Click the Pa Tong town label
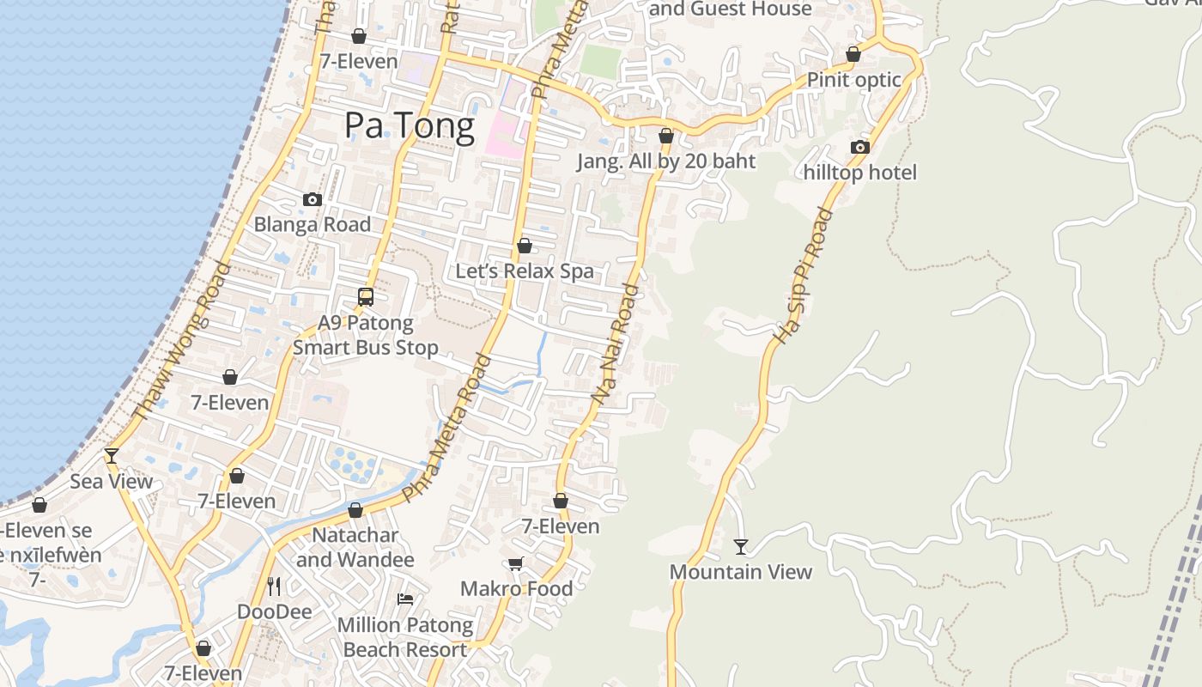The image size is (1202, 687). click(410, 126)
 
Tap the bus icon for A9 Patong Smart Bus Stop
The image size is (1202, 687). click(366, 297)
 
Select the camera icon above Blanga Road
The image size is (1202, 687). click(313, 199)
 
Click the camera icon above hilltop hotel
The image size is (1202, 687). click(860, 147)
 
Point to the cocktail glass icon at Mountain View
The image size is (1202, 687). click(741, 546)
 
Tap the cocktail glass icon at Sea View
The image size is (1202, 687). click(112, 455)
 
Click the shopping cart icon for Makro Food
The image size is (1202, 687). click(515, 563)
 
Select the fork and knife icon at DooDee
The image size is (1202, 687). click(274, 586)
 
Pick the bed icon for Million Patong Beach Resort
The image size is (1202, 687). click(405, 599)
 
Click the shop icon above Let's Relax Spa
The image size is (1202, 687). click(525, 246)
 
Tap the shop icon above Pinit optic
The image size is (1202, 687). click(853, 54)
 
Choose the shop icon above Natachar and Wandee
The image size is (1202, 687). click(355, 510)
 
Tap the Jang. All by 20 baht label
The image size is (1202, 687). click(666, 161)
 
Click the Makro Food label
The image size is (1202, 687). click(517, 589)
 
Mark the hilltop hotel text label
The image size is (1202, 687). click(860, 173)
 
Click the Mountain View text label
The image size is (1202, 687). click(741, 572)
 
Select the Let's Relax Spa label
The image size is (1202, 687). click(525, 271)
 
